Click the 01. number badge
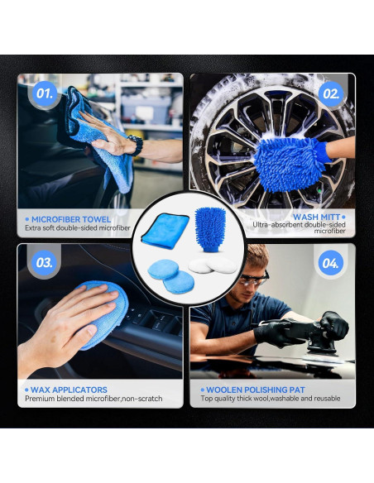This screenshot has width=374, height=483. pos(44,93)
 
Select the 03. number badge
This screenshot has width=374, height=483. pos(44,263)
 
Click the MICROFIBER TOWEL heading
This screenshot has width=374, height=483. pos(71,219)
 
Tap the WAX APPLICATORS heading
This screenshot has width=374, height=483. pos(69,390)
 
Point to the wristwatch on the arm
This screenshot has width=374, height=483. pos(135,146)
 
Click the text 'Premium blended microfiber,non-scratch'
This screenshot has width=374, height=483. pos(93,399)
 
